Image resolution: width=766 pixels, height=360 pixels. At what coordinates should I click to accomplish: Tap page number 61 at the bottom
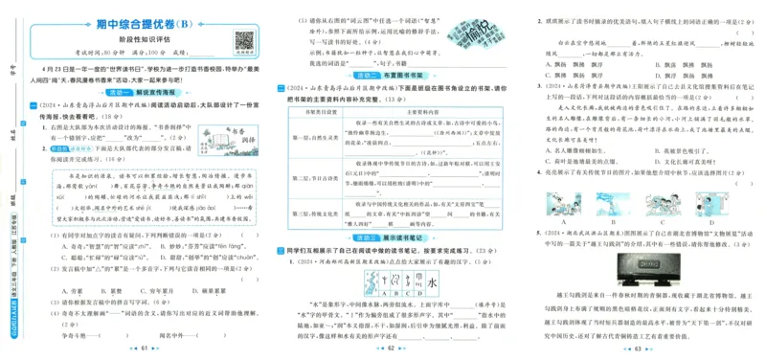click(x=146, y=350)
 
